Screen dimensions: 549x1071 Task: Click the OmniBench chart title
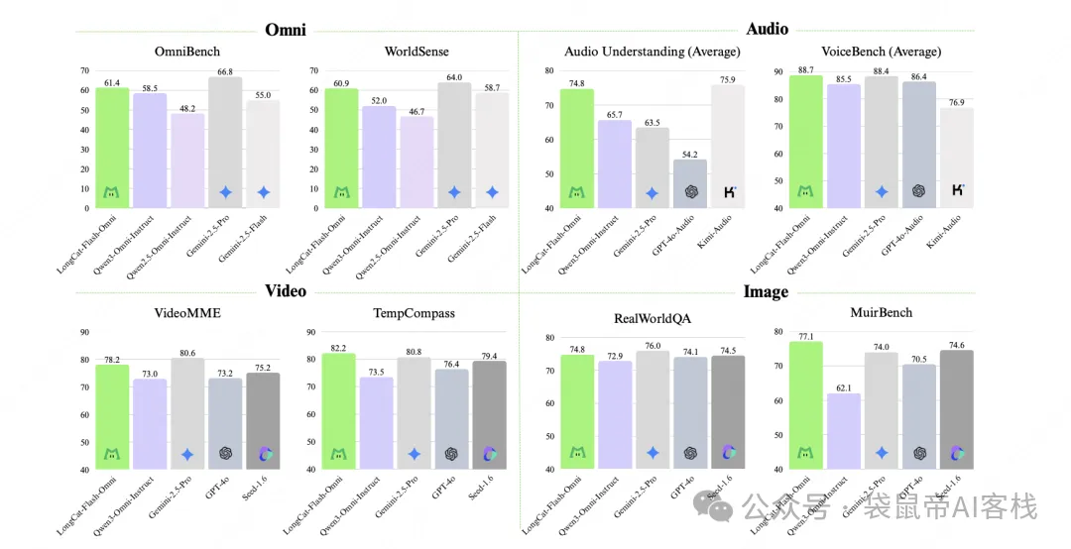pos(187,52)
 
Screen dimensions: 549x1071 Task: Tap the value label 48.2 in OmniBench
pos(187,106)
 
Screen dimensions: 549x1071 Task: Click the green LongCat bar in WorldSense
pos(341,148)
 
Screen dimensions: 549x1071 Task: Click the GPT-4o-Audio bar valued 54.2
pos(691,183)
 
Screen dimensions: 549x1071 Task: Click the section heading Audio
pos(767,29)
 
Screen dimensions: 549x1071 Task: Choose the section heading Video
pos(286,290)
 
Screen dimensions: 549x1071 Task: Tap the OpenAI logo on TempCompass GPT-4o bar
pos(452,454)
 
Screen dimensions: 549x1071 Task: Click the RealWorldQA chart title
pos(653,318)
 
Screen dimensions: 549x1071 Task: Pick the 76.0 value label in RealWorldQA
pos(652,345)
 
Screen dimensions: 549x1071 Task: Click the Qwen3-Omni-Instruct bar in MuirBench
pos(844,431)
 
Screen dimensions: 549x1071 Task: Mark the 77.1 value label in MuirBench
pos(805,336)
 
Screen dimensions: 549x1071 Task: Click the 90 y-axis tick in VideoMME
pos(83,333)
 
